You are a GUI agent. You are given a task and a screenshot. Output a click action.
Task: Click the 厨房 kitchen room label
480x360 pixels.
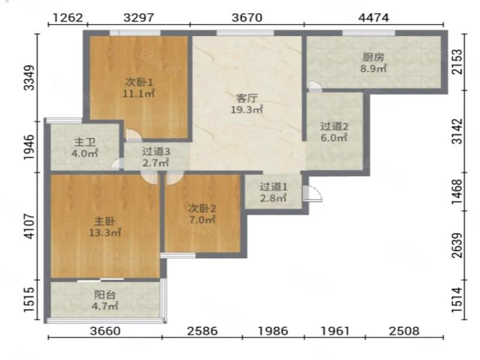click(373, 57)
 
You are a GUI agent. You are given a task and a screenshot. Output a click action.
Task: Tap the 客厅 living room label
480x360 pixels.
click(247, 98)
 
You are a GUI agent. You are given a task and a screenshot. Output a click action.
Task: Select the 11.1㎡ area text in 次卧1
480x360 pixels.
click(139, 94)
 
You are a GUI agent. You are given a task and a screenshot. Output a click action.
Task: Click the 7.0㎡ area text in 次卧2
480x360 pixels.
click(202, 220)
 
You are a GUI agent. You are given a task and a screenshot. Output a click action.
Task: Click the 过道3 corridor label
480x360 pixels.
click(156, 152)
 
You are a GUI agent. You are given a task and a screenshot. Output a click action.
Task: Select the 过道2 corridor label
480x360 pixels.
click(334, 127)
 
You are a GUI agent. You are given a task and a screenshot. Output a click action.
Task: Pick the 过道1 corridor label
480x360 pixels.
click(274, 187)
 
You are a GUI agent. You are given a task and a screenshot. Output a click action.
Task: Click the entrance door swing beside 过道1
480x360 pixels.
click(313, 193)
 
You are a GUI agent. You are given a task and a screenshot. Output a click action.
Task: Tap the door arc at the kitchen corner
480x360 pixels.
click(314, 86)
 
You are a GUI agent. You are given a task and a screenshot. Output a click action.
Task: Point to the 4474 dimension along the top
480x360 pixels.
click(374, 17)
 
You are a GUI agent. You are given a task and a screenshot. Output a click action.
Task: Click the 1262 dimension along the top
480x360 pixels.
click(68, 17)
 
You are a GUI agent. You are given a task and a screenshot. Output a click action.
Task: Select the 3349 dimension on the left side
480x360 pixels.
click(29, 78)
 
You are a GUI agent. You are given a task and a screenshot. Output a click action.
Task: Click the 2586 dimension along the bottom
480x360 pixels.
click(202, 331)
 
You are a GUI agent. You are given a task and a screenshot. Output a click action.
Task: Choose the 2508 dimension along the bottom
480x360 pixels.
click(404, 331)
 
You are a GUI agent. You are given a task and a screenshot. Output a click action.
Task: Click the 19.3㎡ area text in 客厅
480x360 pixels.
click(247, 109)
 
